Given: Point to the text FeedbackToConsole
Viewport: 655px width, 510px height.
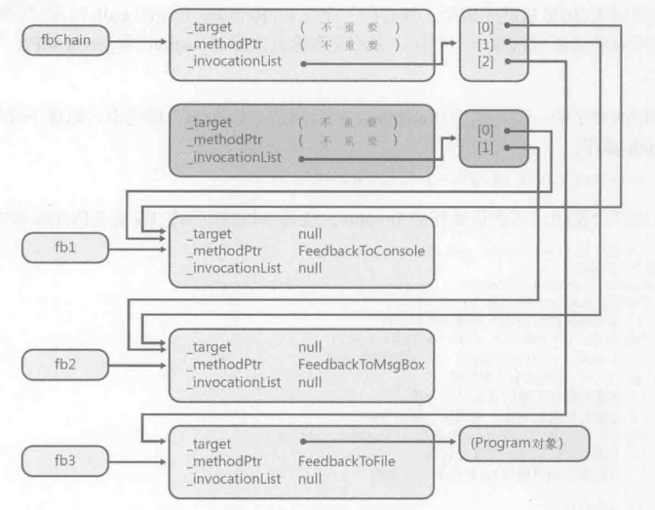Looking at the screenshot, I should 362,251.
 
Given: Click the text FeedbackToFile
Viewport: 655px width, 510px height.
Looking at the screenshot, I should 347,460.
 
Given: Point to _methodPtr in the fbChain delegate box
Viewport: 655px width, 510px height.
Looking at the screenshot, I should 220,44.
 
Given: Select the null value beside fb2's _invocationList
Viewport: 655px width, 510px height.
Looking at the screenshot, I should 311,381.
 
